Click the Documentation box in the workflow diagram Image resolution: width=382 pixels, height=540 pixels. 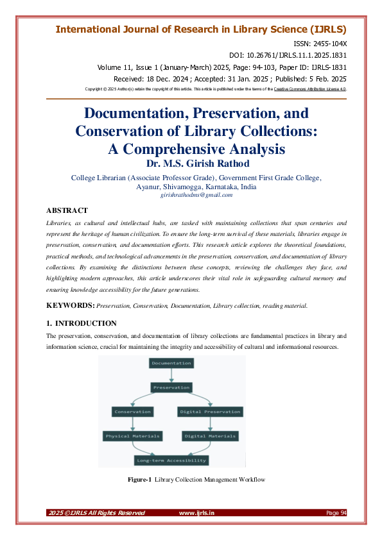tap(171, 364)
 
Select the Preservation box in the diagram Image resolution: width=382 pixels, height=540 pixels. tap(171, 387)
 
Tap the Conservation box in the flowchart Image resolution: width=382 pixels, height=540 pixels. tap(133, 412)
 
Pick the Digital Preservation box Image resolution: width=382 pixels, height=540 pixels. tap(211, 412)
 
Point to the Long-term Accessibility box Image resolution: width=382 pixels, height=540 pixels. tap(171, 460)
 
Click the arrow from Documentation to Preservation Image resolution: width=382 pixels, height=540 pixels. tap(171, 375)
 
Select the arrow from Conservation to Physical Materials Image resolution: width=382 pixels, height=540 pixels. tap(133, 424)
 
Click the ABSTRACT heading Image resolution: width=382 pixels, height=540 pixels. tap(67, 210)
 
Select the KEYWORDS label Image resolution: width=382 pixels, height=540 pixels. tap(71, 306)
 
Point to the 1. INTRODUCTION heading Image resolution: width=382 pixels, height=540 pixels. tap(81, 323)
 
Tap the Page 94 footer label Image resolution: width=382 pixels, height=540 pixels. tap(336, 513)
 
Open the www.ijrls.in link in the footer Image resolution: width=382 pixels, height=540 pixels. tap(196, 513)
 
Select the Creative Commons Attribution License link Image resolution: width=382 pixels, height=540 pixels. tap(309, 89)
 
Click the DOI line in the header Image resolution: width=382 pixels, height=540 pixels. tap(288, 56)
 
